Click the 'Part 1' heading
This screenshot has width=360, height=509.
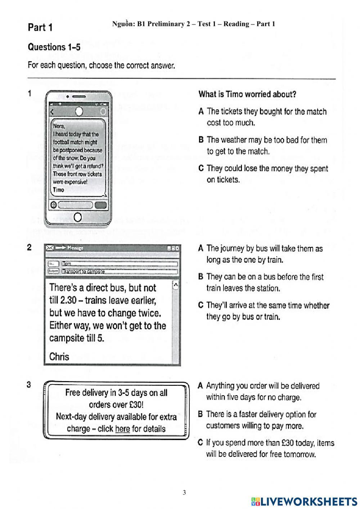[x=40, y=27]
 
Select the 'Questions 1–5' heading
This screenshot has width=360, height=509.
[x=54, y=47]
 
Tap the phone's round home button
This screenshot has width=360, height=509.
[x=77, y=217]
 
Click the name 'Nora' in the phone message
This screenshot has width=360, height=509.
[x=59, y=126]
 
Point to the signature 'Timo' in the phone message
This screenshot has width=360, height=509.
[x=58, y=190]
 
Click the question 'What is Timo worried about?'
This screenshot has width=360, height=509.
[x=247, y=94]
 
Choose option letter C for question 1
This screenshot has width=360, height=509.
[x=201, y=169]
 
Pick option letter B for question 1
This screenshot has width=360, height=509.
[x=201, y=140]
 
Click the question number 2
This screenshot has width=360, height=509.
[x=30, y=247]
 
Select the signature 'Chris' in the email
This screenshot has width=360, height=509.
[x=59, y=357]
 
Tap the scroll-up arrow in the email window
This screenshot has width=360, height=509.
[x=176, y=285]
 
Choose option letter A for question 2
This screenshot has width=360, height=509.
[x=201, y=248]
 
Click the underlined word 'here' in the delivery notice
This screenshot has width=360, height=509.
[x=122, y=429]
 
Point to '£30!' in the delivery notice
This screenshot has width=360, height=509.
[x=136, y=405]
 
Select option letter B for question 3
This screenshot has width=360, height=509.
[x=201, y=414]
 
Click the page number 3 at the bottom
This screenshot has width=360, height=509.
[x=184, y=492]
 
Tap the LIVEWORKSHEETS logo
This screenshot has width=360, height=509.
[x=304, y=501]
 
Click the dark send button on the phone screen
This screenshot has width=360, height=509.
[x=101, y=205]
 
